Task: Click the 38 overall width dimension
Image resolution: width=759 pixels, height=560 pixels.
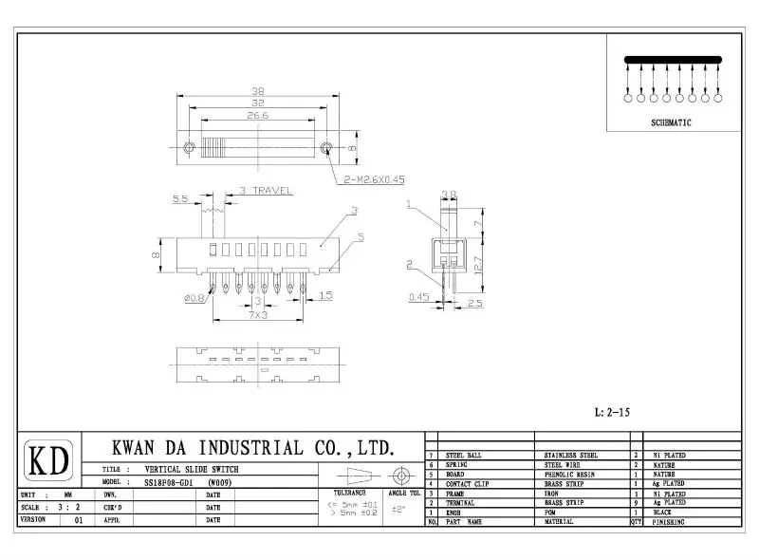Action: (258, 91)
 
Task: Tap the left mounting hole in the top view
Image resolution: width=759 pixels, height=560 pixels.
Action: (188, 147)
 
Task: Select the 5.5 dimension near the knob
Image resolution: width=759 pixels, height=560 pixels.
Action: (181, 199)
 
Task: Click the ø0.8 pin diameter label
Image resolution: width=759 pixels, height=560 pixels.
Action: (194, 300)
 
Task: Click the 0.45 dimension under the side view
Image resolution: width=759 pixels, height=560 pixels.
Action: (417, 297)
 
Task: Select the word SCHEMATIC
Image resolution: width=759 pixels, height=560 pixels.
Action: (671, 123)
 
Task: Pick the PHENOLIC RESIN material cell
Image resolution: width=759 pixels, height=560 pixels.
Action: (570, 475)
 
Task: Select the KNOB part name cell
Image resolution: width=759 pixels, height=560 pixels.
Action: (454, 513)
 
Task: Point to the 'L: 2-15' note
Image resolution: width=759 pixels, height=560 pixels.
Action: (612, 413)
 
